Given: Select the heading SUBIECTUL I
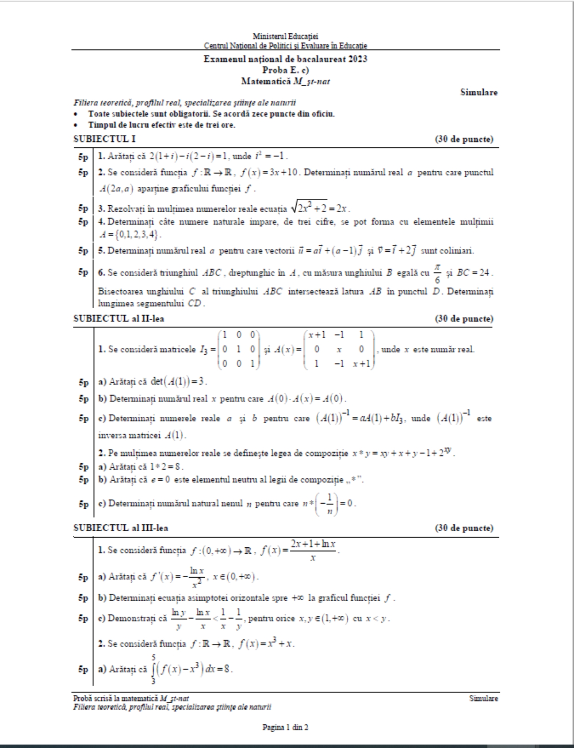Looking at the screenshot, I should point(104,139).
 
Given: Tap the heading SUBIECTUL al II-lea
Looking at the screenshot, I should point(119,319).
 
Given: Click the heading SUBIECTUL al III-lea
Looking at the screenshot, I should point(121,528).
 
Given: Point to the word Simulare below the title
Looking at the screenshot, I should point(479,92).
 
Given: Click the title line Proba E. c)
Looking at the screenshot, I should point(285,70).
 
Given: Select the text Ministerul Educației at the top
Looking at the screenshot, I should point(285,36).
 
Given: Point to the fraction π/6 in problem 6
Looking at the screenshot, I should point(437,274).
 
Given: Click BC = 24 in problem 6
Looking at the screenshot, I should point(473,273).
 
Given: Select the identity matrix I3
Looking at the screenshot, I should point(238,349).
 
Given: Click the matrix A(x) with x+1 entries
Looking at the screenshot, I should point(339,349).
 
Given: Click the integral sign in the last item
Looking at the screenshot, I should point(153,669).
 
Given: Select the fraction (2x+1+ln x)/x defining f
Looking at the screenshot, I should point(313,550).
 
